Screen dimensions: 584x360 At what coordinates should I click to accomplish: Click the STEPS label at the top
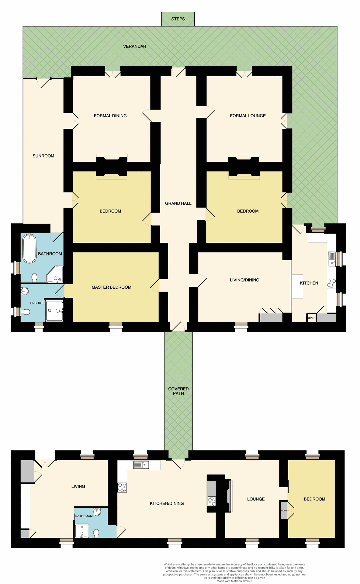(178, 19)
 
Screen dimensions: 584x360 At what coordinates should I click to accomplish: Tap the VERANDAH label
(134, 46)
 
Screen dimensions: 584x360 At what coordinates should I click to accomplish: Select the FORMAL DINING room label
(110, 116)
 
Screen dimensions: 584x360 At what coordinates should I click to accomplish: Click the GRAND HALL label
(178, 203)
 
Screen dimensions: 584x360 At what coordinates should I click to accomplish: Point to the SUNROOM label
(43, 156)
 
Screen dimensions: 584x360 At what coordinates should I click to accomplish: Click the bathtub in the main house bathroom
(29, 248)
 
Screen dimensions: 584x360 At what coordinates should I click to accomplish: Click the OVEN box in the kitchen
(312, 318)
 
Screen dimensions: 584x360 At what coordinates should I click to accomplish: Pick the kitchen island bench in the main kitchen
(297, 286)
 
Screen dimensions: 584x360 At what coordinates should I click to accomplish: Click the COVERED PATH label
(178, 391)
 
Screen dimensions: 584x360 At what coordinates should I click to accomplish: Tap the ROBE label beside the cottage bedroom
(284, 511)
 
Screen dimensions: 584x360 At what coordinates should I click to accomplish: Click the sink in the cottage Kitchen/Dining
(141, 465)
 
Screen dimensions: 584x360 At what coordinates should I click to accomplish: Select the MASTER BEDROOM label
(111, 287)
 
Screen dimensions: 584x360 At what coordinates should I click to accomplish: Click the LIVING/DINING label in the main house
(244, 280)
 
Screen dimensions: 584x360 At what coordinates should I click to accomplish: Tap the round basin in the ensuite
(25, 291)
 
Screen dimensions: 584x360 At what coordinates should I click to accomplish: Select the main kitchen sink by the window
(332, 259)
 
